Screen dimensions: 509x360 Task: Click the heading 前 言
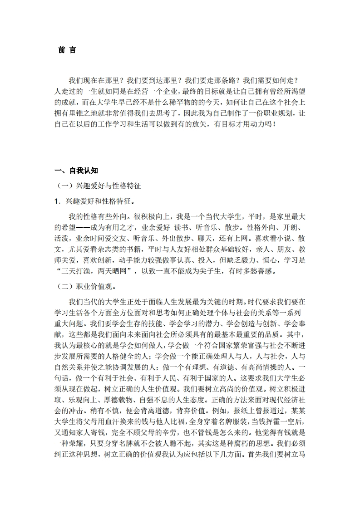pos(67,50)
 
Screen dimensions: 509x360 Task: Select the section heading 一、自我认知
pos(76,171)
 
